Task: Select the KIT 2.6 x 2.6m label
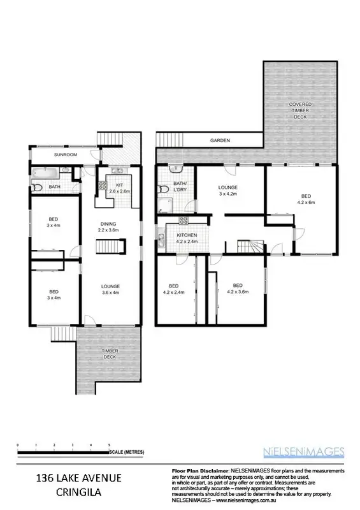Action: pyautogui.click(x=119, y=187)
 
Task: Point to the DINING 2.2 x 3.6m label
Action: pyautogui.click(x=108, y=227)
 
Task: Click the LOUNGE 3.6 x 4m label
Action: pyautogui.click(x=110, y=289)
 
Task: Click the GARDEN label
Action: pyautogui.click(x=221, y=140)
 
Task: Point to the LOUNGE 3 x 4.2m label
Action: pyautogui.click(x=228, y=190)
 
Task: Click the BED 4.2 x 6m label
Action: pyautogui.click(x=306, y=200)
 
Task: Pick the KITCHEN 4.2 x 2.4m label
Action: pyautogui.click(x=187, y=239)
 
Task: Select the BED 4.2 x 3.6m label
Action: pyautogui.click(x=238, y=288)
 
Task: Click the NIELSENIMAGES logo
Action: pyautogui.click(x=303, y=452)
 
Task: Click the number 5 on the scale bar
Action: pyautogui.click(x=109, y=444)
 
